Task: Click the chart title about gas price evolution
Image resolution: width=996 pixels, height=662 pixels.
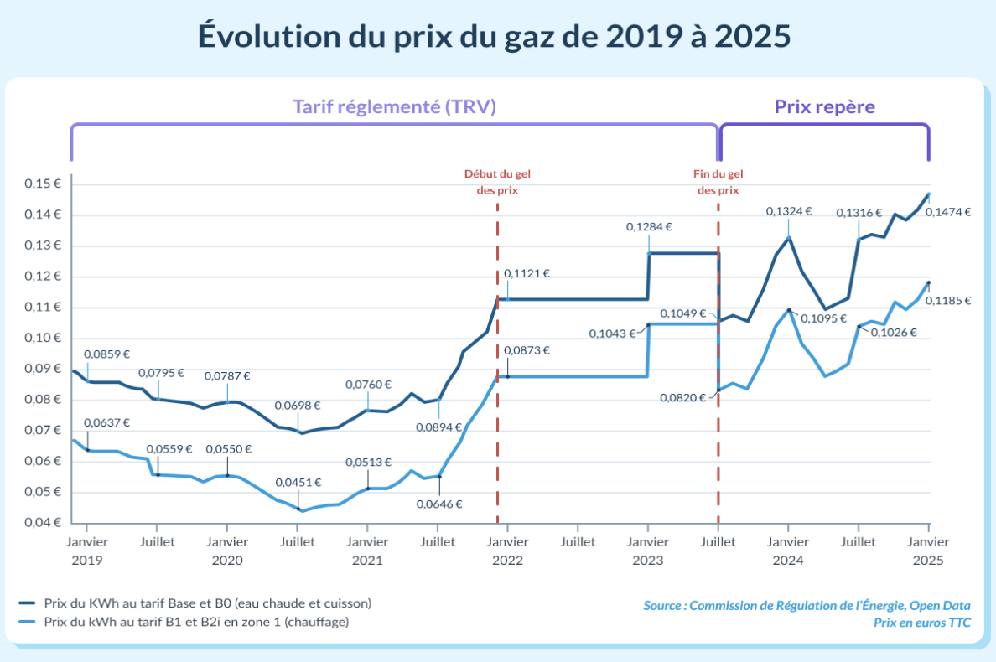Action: tap(495, 37)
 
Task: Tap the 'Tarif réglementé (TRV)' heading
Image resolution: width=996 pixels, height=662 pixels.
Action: tap(394, 107)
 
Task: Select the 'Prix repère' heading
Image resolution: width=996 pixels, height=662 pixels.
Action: tap(824, 107)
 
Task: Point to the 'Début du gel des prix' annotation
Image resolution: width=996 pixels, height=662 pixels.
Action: tap(497, 182)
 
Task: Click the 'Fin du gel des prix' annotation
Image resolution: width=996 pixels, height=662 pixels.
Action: tap(718, 182)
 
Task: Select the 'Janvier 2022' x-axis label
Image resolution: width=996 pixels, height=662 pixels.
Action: tap(506, 551)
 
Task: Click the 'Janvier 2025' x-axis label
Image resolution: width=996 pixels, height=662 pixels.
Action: tap(927, 551)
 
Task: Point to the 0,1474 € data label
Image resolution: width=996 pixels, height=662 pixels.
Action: tap(948, 213)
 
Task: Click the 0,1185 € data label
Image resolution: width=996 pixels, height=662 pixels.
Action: tap(948, 301)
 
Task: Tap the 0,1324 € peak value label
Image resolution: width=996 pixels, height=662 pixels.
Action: tap(789, 211)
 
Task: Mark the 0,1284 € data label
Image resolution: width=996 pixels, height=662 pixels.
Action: tap(650, 226)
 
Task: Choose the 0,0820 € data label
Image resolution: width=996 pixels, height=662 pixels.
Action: tap(683, 398)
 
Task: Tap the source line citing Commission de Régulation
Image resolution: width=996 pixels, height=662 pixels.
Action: tap(807, 605)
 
